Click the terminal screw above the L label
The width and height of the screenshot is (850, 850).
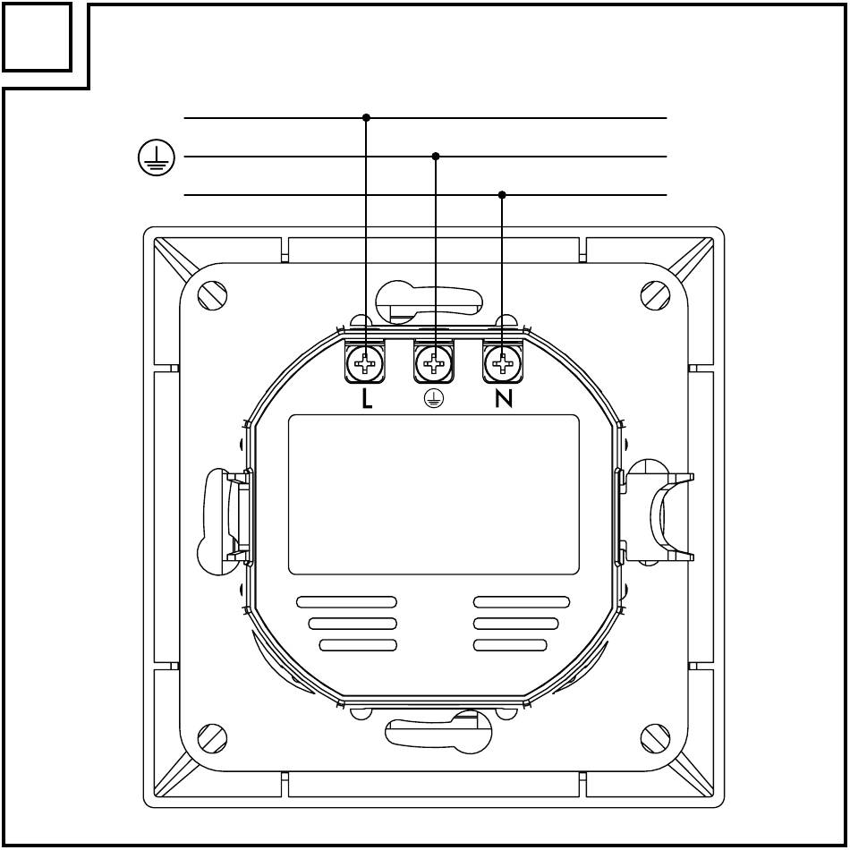coord(365,362)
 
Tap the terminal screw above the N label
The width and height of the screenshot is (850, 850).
coord(504,362)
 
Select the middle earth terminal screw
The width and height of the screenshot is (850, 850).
coord(434,362)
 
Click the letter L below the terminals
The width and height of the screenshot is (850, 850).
coord(367,399)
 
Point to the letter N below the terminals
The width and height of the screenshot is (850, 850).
coord(504,399)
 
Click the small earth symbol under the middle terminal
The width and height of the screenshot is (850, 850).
coord(434,400)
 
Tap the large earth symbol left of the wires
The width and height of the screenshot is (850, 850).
coord(156,157)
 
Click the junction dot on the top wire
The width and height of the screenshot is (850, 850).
coord(366,117)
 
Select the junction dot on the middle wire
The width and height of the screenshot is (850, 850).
coord(436,156)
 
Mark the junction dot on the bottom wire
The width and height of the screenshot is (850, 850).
coord(502,195)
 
